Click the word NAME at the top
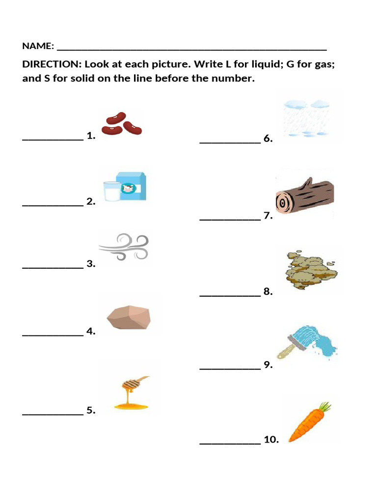click(37, 46)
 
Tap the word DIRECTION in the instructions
click(51, 65)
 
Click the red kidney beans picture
click(122, 124)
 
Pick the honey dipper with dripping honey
click(131, 393)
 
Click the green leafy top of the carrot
click(324, 407)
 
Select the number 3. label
click(91, 264)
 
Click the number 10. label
click(271, 440)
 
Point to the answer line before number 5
click(53, 414)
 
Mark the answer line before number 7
click(230, 220)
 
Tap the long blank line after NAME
click(191, 49)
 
